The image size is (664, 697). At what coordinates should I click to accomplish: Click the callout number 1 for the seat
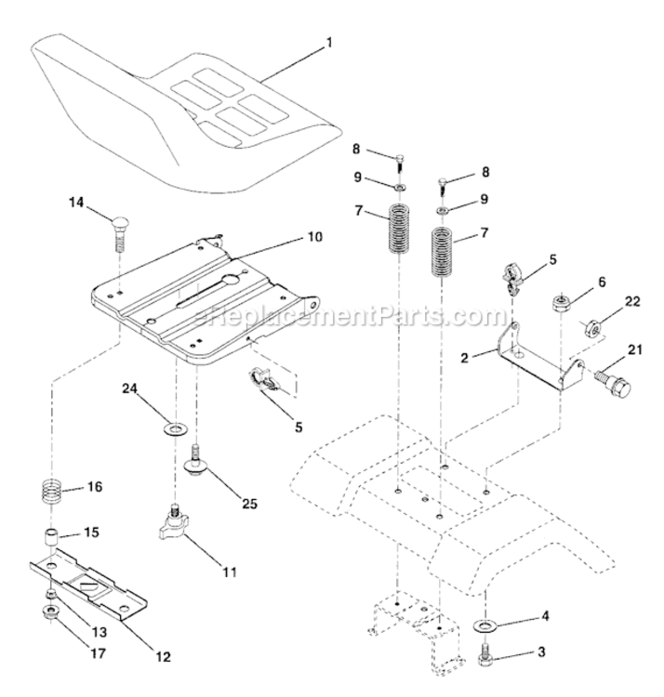click(x=328, y=43)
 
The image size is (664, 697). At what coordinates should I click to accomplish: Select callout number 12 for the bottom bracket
click(x=165, y=656)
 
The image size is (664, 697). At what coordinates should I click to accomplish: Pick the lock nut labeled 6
click(x=562, y=302)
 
